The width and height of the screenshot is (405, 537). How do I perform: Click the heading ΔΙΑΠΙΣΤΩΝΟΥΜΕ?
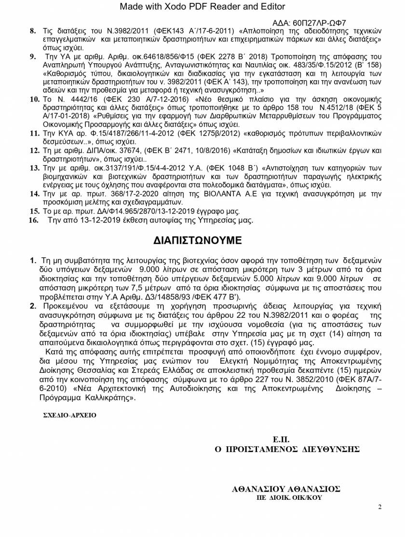(x=198, y=240)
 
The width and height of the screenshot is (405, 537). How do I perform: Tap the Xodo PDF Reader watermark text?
(x=202, y=6)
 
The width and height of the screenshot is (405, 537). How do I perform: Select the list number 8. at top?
(x=33, y=31)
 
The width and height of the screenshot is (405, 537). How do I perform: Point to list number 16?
(x=33, y=220)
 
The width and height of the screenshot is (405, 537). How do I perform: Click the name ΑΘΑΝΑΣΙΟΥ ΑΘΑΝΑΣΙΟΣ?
(x=286, y=489)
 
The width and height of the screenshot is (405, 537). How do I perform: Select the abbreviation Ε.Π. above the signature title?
(x=281, y=439)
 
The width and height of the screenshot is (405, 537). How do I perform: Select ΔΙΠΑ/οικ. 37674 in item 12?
(x=102, y=151)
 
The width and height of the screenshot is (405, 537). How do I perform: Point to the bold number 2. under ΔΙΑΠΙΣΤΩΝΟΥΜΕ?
(x=33, y=306)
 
